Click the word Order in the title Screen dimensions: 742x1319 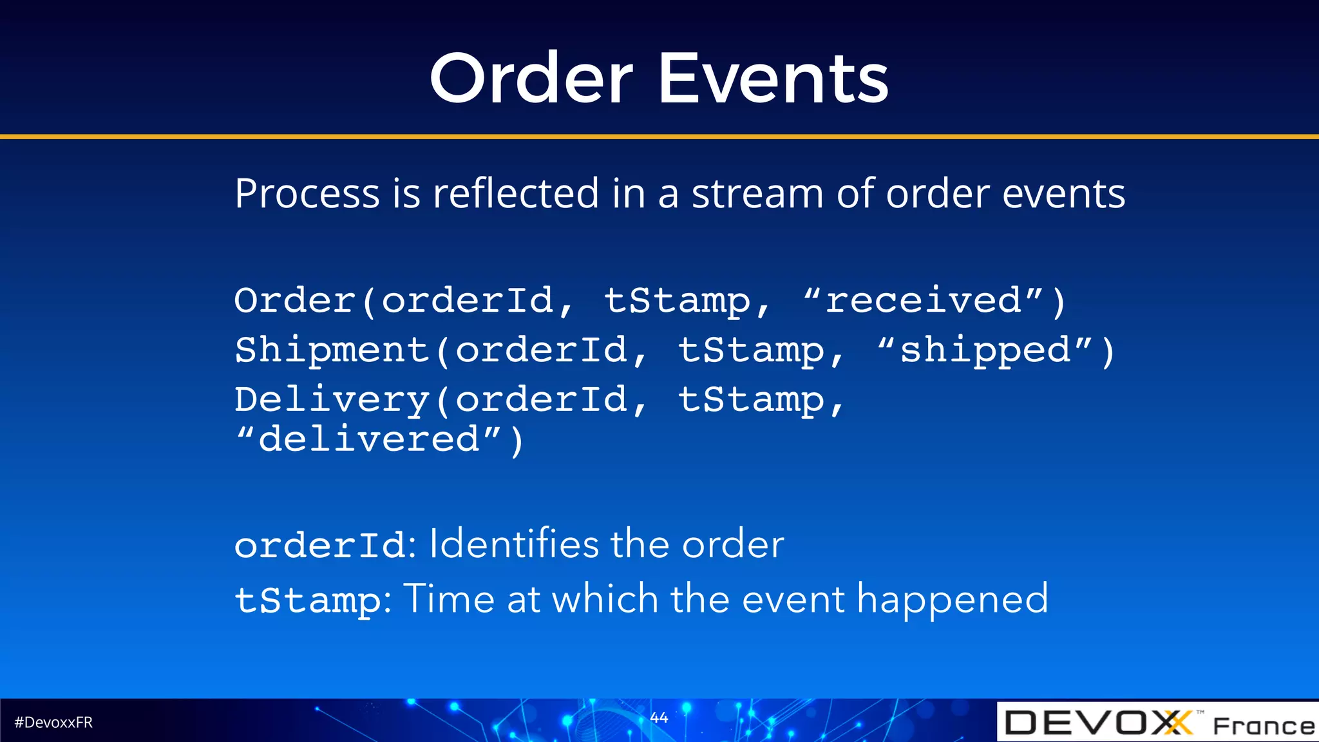(x=531, y=79)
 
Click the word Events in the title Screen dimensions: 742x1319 (x=773, y=79)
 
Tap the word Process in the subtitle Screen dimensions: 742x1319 (x=308, y=194)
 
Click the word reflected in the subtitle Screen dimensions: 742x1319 (x=516, y=194)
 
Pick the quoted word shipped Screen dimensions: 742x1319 (x=985, y=351)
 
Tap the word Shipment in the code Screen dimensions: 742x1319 (x=332, y=351)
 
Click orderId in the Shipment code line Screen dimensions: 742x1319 (x=542, y=351)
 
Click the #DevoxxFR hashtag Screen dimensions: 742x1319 (x=53, y=723)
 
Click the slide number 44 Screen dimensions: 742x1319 (x=659, y=718)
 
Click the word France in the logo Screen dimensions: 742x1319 (x=1263, y=726)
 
